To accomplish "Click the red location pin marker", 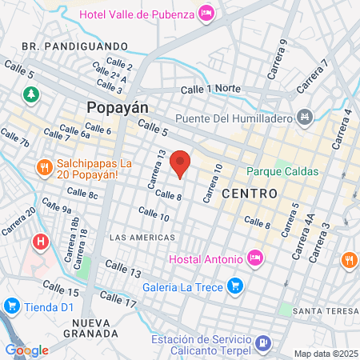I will pos(181,163).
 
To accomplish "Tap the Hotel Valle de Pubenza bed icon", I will pos(206,13).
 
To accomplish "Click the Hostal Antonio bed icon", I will pos(254,258).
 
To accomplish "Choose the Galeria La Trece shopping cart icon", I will pos(235,285).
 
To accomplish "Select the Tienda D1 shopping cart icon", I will pos(11,306).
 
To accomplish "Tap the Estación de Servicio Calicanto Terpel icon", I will pos(262,344).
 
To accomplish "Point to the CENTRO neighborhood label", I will pos(250,194).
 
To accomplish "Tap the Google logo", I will pos(26,350).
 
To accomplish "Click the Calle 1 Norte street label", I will pos(212,90).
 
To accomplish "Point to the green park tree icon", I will pos(32,94).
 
